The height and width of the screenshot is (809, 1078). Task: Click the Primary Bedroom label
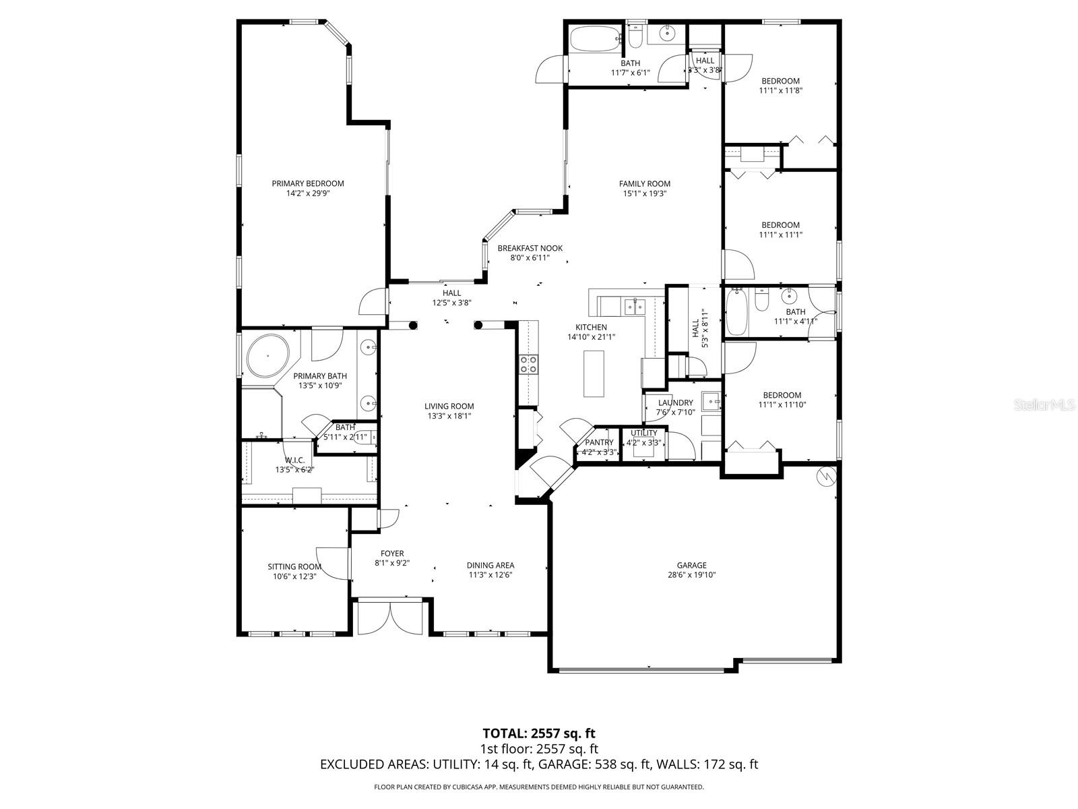coord(308,183)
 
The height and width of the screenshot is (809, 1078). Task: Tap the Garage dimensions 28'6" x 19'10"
coord(692,575)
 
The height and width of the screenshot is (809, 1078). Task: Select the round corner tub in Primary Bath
coord(267,355)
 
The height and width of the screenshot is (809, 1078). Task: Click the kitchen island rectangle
coord(594,373)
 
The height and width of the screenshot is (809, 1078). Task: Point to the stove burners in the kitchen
coord(528,365)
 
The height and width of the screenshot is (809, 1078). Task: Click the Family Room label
coord(645,183)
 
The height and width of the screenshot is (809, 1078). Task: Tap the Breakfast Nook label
coord(530,248)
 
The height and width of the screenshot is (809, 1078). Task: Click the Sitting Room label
coord(294,567)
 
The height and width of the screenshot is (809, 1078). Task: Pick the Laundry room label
coord(675,403)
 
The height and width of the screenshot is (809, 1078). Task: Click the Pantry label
coord(599,443)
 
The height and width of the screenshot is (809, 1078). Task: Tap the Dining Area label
coord(490,566)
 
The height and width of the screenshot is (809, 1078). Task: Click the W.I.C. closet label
coord(294,460)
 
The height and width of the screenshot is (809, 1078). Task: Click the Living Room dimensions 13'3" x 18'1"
coord(449,416)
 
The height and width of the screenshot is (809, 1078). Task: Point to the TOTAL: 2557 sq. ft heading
coord(539,733)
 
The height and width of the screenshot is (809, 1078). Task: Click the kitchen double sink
coord(634,307)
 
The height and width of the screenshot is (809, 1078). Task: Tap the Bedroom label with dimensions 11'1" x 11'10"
coord(782,395)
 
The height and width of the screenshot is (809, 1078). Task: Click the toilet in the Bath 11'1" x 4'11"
coord(762,300)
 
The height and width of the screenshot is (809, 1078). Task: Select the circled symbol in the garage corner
coord(825,477)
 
